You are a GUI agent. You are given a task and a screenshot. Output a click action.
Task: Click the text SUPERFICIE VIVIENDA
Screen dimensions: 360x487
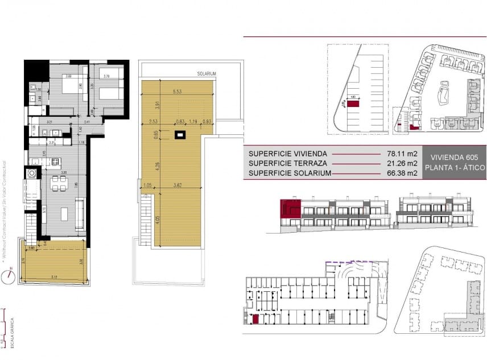(288, 154)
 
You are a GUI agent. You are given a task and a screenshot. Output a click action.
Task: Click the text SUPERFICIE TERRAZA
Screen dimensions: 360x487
(286, 163)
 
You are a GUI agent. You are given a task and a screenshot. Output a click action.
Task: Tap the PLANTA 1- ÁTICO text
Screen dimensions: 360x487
(453, 168)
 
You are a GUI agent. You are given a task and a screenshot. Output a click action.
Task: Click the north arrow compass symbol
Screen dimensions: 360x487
(8, 276)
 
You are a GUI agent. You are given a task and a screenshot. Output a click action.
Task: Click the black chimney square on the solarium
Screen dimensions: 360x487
(180, 135)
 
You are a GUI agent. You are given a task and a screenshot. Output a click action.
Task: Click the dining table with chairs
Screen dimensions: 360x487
(58, 183)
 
